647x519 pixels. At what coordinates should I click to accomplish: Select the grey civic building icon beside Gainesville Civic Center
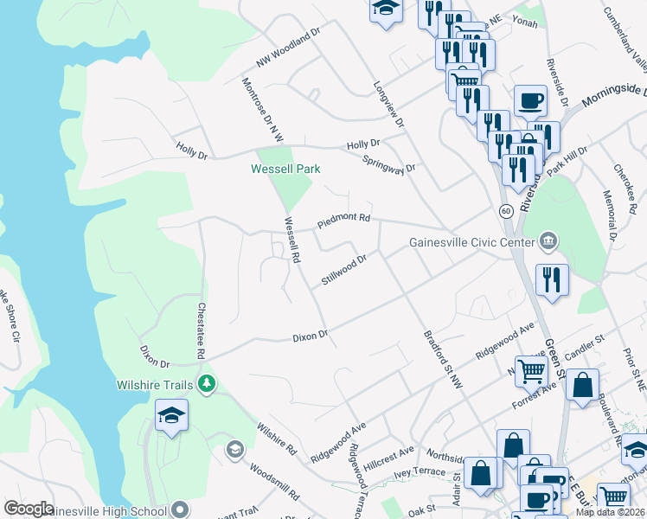[x=548, y=240]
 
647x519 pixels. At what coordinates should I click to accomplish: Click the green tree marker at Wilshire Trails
[x=206, y=383]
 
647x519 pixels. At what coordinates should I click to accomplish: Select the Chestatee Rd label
[x=201, y=330]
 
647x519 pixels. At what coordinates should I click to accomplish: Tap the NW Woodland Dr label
[x=288, y=48]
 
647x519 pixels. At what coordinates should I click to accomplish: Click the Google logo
[x=29, y=509]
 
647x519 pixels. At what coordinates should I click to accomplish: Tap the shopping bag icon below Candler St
[x=582, y=385]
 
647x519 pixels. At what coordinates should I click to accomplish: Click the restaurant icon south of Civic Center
[x=552, y=280]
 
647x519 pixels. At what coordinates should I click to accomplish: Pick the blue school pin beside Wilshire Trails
[x=171, y=415]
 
